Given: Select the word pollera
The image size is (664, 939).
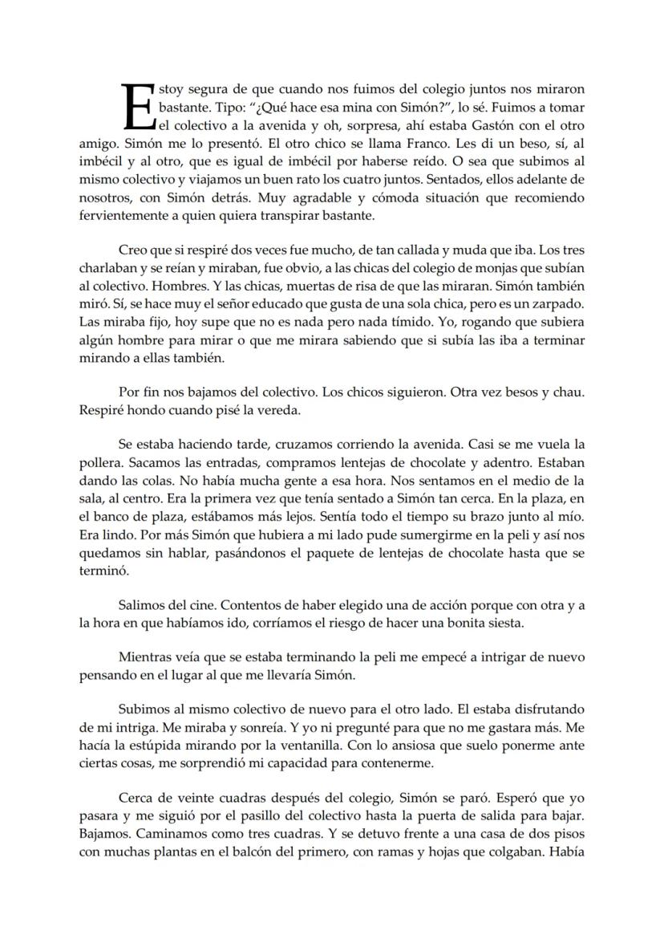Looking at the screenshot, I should pos(100,462).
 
